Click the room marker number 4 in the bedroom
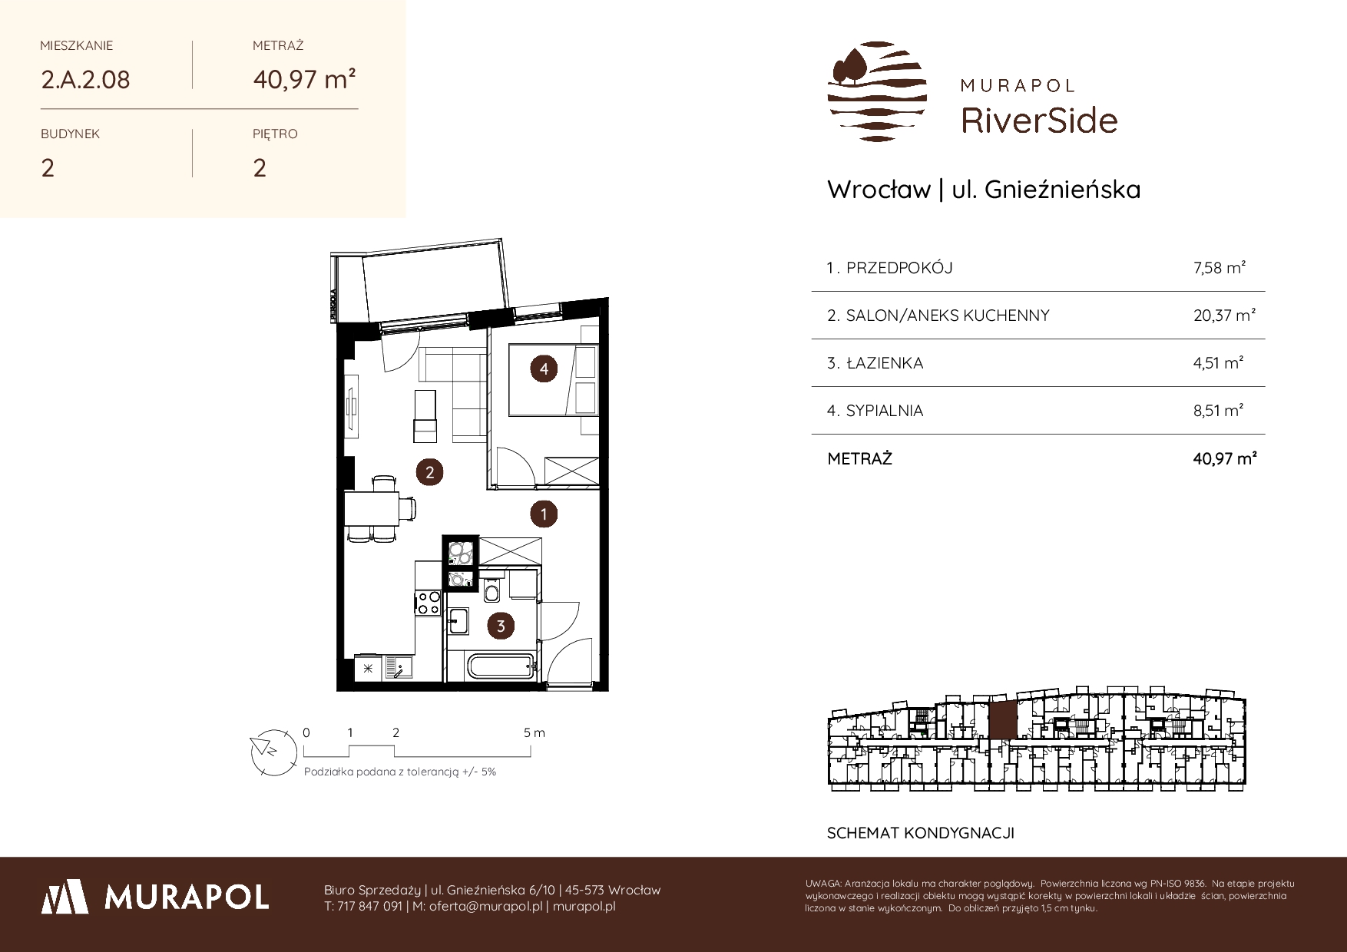[x=544, y=369]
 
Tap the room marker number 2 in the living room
[x=429, y=472]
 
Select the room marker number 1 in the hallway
[x=544, y=514]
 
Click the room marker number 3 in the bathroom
[x=501, y=626]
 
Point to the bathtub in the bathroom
[x=492, y=665]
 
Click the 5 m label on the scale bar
[x=534, y=732]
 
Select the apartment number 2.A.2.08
[x=85, y=79]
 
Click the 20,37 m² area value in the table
[x=1225, y=315]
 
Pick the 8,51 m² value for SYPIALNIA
[x=1219, y=411]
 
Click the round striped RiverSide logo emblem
[x=878, y=91]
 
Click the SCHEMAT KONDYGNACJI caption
[x=921, y=833]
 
